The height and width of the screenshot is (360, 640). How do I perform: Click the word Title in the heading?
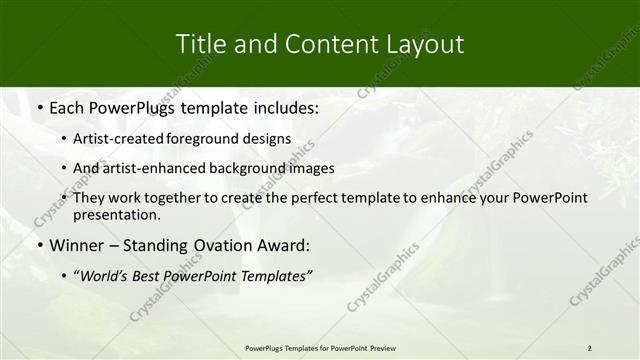tap(198, 45)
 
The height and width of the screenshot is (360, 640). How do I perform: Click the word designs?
tap(270, 139)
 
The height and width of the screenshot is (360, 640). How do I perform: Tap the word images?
tap(311, 168)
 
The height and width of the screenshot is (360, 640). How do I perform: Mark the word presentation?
tap(116, 214)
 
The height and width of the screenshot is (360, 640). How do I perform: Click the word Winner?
tap(76, 245)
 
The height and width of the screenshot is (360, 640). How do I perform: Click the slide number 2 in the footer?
tap(589, 348)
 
